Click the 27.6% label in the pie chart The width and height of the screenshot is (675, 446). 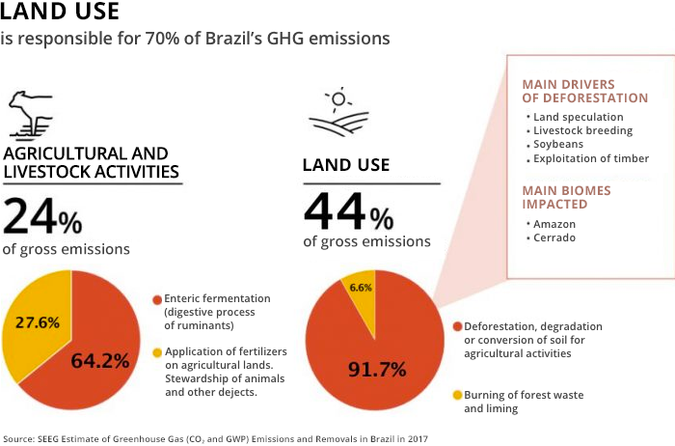[x=38, y=322]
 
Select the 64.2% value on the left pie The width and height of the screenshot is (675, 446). [x=100, y=361]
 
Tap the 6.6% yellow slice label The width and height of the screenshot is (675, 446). [x=361, y=288]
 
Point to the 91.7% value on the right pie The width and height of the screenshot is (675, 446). [x=377, y=370]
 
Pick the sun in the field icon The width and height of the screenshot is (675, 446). [x=338, y=98]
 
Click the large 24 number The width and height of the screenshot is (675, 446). [x=30, y=215]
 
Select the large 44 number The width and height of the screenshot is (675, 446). [x=335, y=211]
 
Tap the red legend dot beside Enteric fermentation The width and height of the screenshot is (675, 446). [x=157, y=299]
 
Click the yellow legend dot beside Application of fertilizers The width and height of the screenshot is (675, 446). [x=157, y=352]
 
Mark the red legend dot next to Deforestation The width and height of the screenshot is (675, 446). [x=458, y=326]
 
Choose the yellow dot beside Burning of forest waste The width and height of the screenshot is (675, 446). [x=458, y=395]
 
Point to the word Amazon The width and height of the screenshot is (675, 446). [x=554, y=224]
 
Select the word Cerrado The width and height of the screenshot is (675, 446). [x=554, y=237]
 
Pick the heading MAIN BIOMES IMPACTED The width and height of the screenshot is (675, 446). [x=567, y=197]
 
